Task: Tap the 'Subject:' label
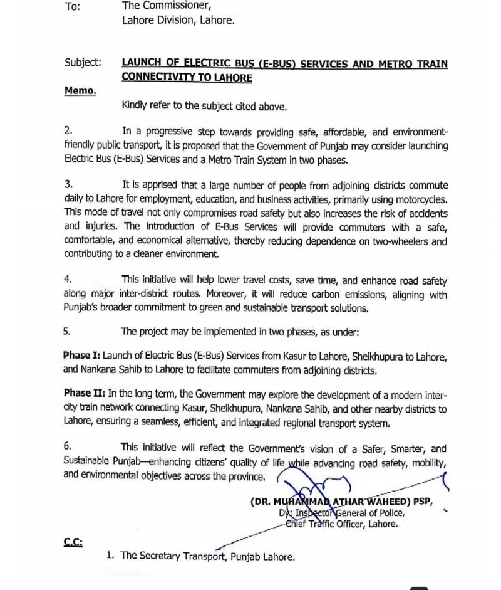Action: click(82, 63)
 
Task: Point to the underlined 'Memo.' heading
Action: click(80, 91)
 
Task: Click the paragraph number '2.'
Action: click(68, 131)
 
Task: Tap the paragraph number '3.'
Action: click(68, 185)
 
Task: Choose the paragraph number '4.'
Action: click(68, 279)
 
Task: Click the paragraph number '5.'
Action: click(68, 331)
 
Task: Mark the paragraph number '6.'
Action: click(68, 448)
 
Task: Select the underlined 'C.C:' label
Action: click(73, 542)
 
